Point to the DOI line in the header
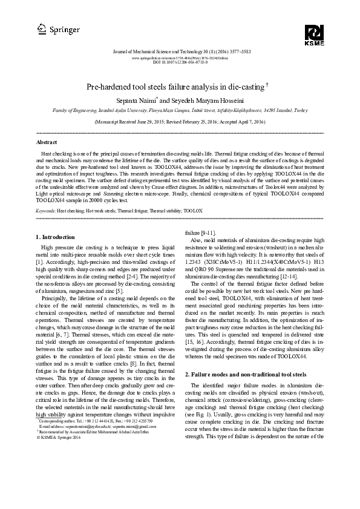pyautogui.click(x=180, y=61)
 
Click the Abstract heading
pyautogui.click(x=47, y=142)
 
